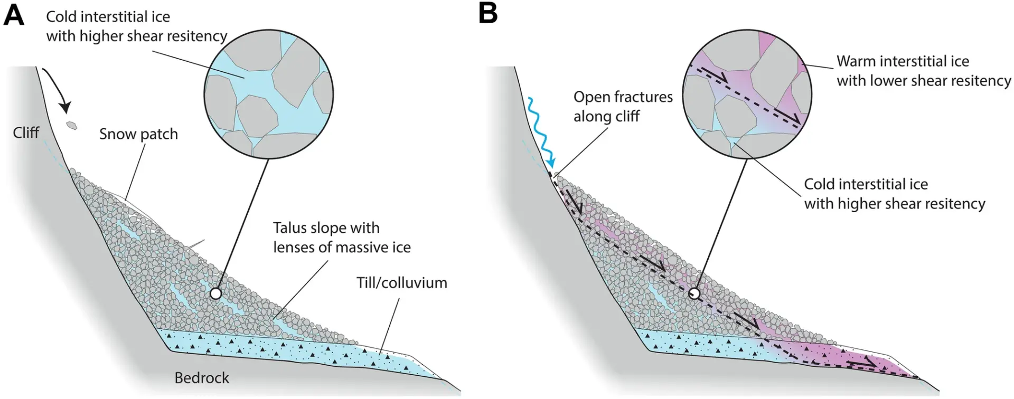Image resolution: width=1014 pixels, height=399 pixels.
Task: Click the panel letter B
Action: [x=488, y=14]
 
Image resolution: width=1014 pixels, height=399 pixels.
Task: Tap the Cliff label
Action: [x=26, y=132]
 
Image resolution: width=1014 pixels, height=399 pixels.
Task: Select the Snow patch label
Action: [x=138, y=134]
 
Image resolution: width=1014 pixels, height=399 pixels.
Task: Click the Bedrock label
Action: [x=202, y=378]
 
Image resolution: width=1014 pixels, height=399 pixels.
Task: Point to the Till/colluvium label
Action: [x=401, y=283]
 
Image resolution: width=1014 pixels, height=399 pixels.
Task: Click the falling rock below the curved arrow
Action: [x=71, y=126]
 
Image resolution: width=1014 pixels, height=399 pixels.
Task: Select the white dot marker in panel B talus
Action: [x=695, y=293]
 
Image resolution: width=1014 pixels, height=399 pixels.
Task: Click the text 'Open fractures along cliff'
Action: [x=623, y=107]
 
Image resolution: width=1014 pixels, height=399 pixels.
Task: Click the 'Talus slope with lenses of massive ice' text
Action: [x=342, y=237]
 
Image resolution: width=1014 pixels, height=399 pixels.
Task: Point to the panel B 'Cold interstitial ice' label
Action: [x=894, y=194]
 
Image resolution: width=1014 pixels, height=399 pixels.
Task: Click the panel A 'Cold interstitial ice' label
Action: [x=136, y=26]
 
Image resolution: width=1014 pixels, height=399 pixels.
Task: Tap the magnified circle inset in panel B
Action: [x=747, y=94]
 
